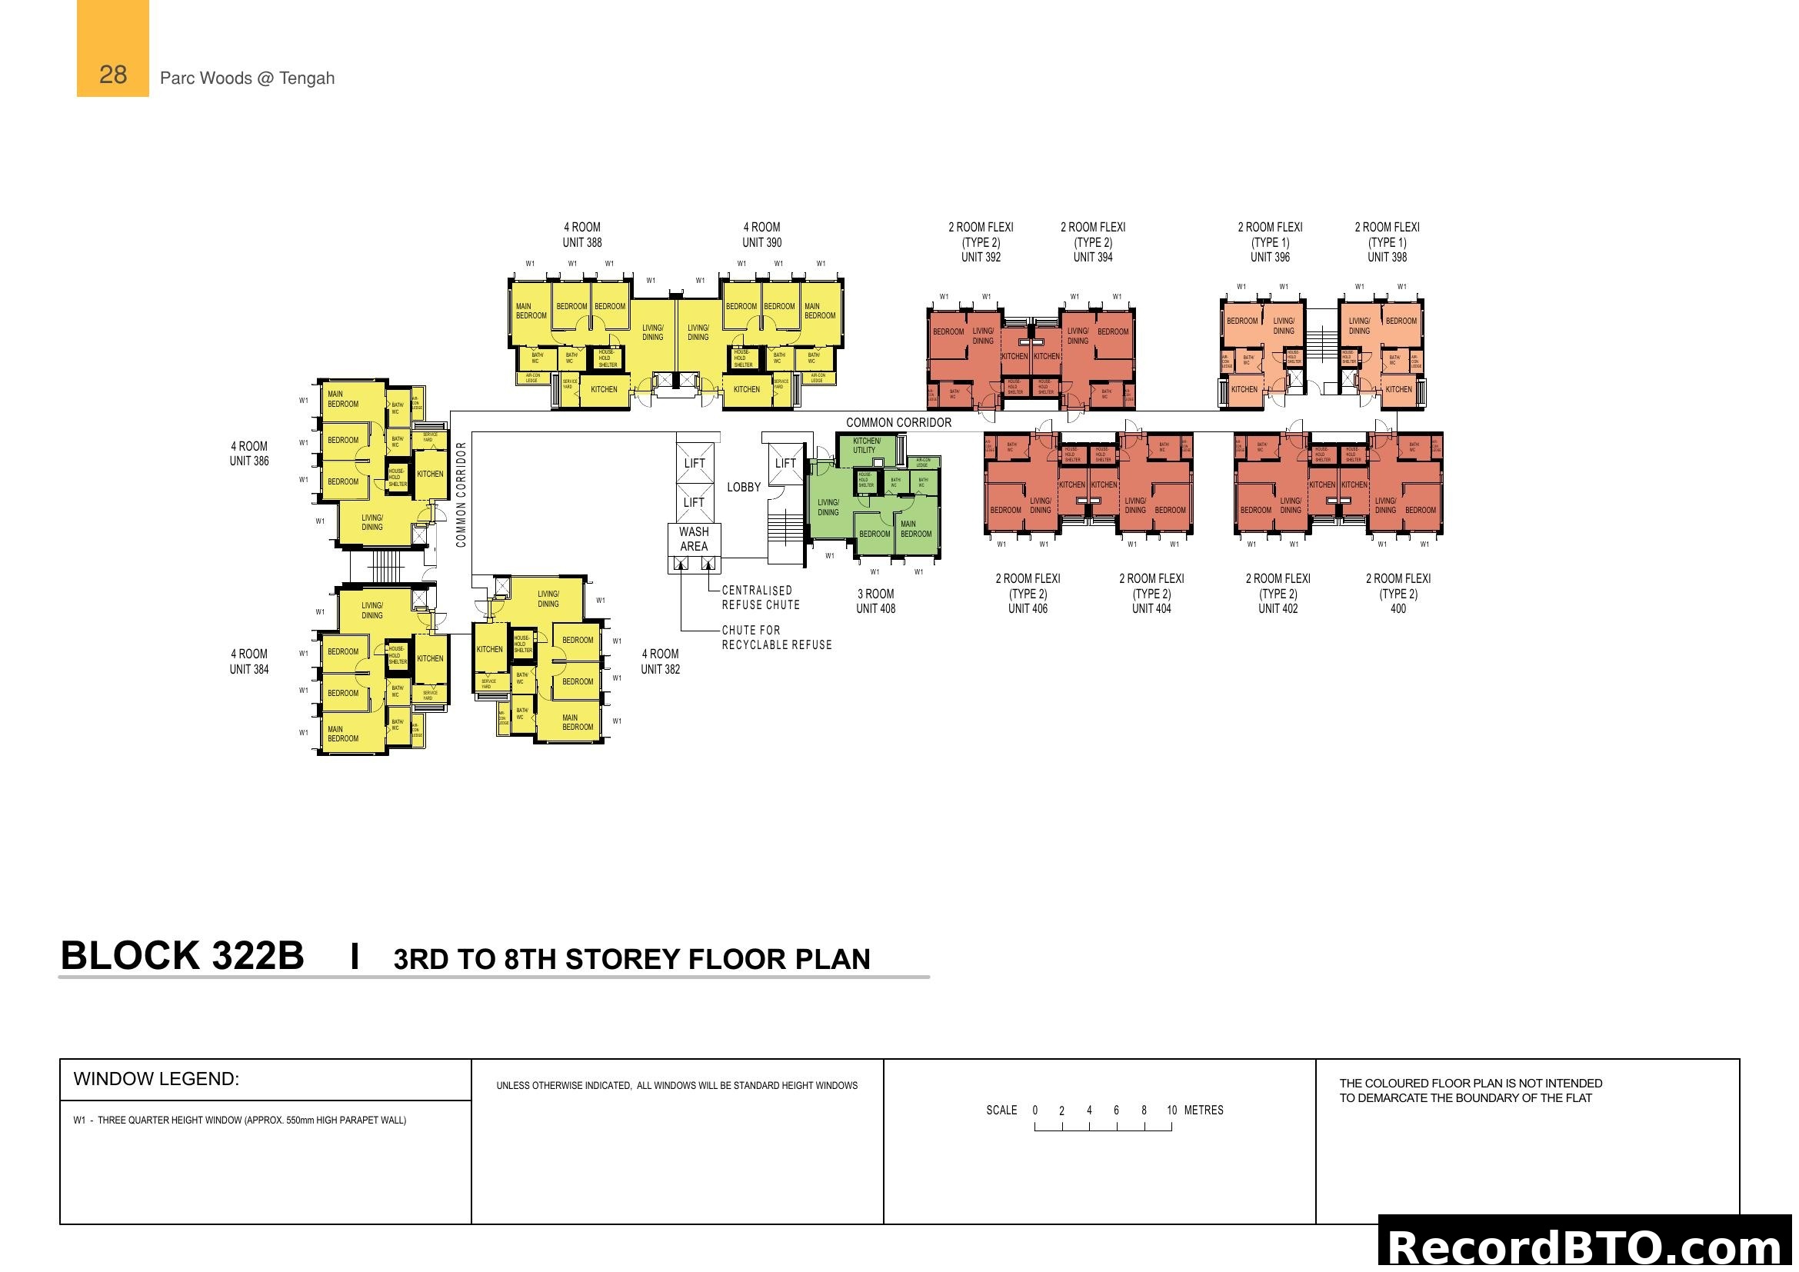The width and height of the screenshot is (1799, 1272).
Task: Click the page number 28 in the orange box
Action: point(113,75)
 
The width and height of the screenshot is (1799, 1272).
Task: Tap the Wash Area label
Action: point(694,539)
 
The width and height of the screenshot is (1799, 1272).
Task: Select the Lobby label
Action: point(744,487)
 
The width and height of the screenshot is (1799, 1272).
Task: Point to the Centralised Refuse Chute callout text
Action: point(760,598)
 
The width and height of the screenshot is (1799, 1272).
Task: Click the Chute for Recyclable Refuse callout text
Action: point(777,638)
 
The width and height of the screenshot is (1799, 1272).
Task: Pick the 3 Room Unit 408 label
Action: point(875,601)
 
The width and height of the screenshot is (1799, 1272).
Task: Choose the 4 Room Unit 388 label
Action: point(582,235)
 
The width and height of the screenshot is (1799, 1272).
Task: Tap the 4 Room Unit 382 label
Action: point(661,662)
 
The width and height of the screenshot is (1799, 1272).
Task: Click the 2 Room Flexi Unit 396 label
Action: point(1270,242)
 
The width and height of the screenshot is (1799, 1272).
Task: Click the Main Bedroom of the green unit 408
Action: point(915,528)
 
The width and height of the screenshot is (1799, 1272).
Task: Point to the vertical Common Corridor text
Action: point(461,494)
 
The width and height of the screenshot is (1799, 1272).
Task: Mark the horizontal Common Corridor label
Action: point(898,423)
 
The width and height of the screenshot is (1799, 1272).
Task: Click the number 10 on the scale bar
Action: point(1171,1111)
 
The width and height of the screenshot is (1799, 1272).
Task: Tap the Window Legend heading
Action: point(156,1079)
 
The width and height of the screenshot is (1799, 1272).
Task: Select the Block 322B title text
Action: point(182,957)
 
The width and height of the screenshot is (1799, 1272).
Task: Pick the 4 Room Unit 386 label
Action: point(249,454)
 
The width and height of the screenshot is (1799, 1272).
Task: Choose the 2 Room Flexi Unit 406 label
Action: point(1028,594)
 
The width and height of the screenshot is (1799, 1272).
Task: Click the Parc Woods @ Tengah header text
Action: point(247,78)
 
